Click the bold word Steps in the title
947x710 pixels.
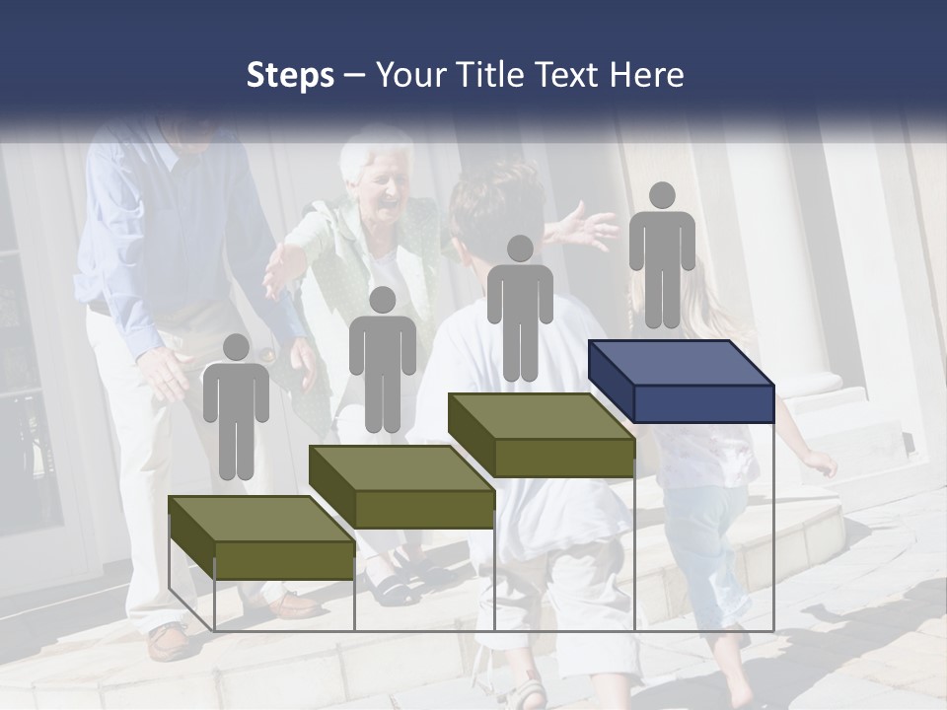pyautogui.click(x=290, y=75)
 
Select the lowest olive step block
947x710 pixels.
pyautogui.click(x=261, y=537)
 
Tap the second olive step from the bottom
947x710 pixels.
pyautogui.click(x=401, y=487)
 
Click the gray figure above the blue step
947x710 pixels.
pyautogui.click(x=662, y=254)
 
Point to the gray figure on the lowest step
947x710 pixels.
pyautogui.click(x=236, y=404)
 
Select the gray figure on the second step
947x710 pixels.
pyautogui.click(x=382, y=359)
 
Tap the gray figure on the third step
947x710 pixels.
pyautogui.click(x=520, y=307)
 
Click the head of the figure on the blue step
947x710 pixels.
pyautogui.click(x=662, y=195)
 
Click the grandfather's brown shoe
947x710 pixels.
pyautogui.click(x=171, y=641)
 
